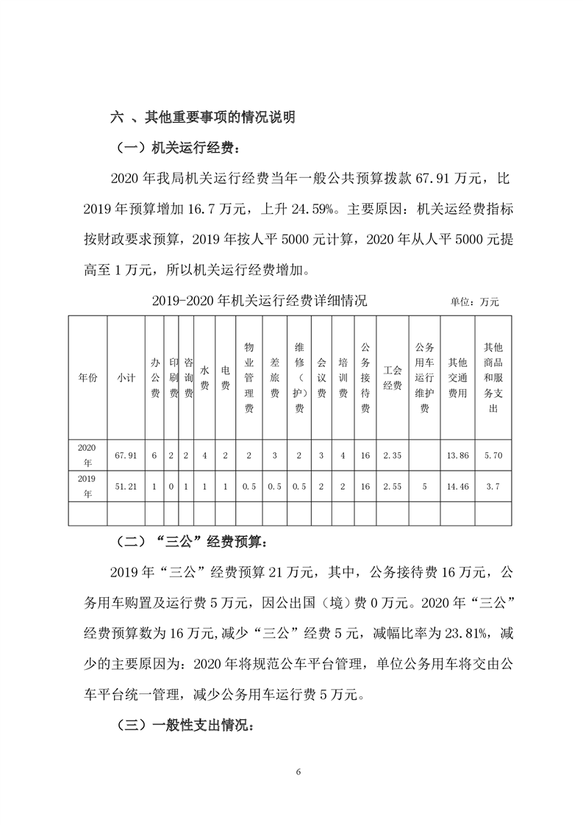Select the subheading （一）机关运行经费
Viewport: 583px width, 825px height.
[x=176, y=148]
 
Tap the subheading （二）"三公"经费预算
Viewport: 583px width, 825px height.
[x=193, y=544]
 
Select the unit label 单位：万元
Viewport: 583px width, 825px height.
[x=474, y=301]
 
